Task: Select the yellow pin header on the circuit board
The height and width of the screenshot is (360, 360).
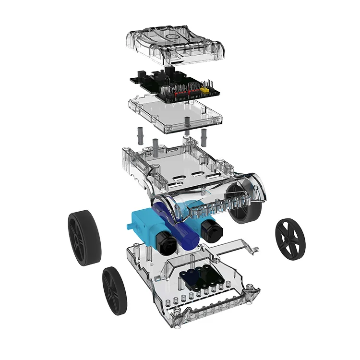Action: pyautogui.click(x=205, y=90)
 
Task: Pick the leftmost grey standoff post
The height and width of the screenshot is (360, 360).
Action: pyautogui.click(x=141, y=134)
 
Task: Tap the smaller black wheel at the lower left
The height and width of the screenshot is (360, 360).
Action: pyautogui.click(x=115, y=290)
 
